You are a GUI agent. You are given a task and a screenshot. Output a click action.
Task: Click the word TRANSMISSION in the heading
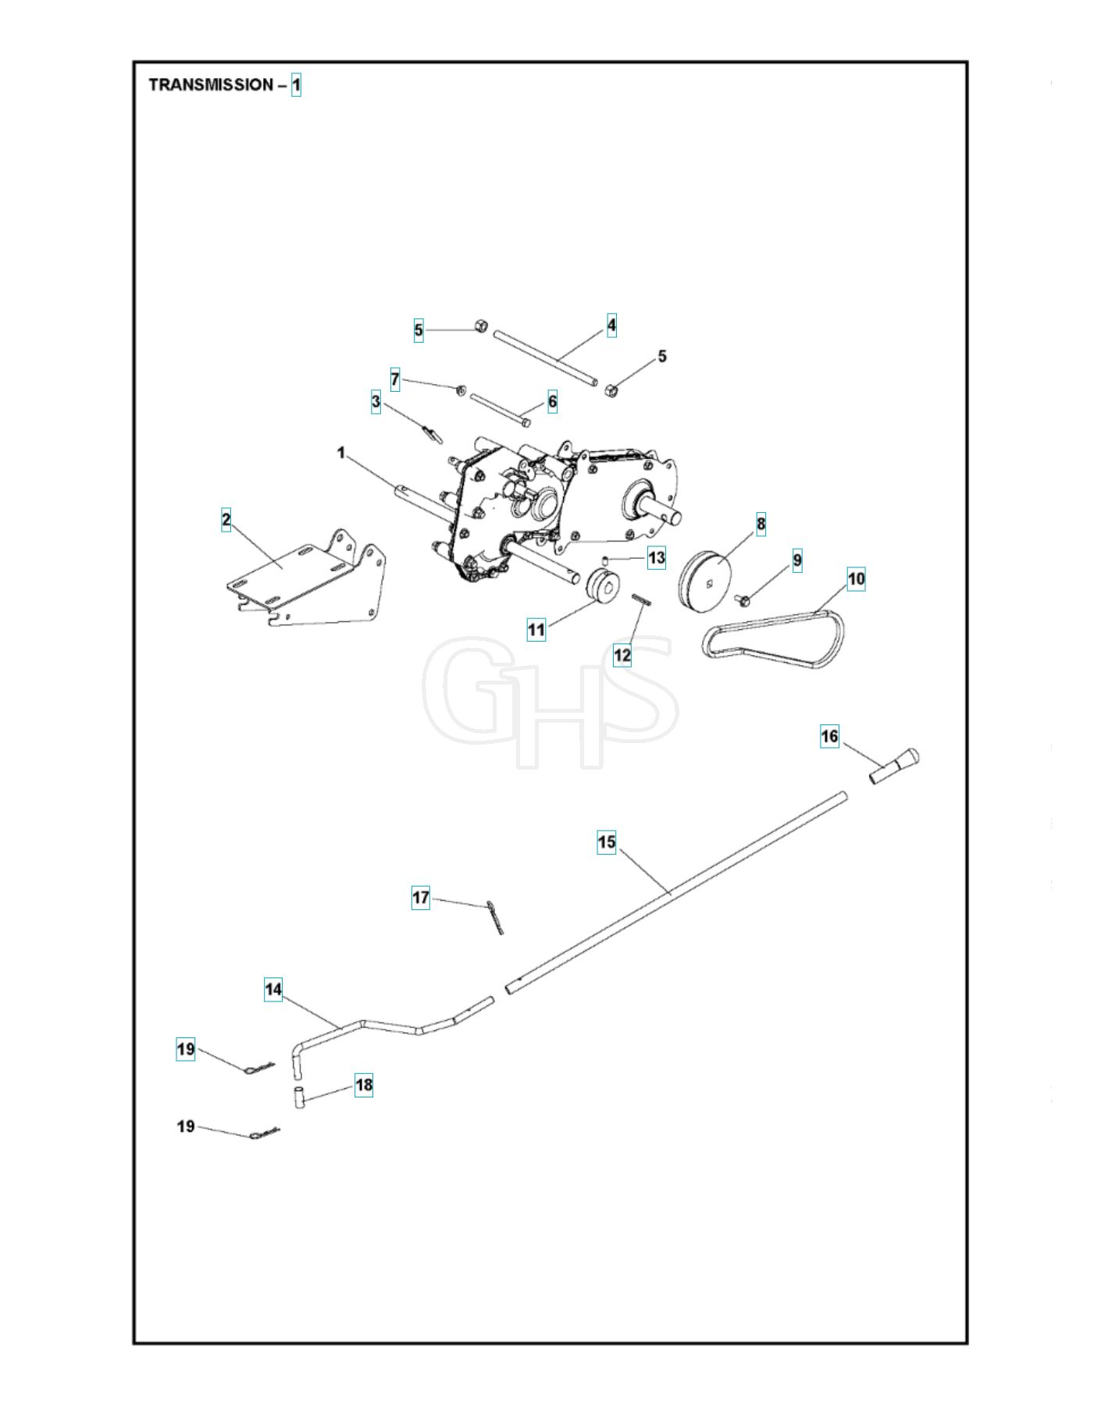[211, 84]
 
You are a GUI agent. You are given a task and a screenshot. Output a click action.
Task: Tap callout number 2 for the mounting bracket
[226, 520]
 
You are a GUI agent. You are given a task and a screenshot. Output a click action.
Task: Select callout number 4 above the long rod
[611, 325]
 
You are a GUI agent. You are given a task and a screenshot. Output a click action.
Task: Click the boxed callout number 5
[419, 330]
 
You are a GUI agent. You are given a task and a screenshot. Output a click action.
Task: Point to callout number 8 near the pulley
[761, 524]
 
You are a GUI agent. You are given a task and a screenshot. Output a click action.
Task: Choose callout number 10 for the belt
[857, 578]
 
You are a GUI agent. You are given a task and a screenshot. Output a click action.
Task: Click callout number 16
[829, 735]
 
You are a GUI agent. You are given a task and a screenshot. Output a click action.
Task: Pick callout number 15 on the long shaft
[607, 842]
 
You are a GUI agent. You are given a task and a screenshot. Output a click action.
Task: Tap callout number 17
[421, 898]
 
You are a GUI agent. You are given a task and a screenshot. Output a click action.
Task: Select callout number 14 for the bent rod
[273, 990]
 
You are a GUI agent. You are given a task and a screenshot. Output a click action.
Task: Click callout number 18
[364, 1085]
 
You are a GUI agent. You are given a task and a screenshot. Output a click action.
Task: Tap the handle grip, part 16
[895, 767]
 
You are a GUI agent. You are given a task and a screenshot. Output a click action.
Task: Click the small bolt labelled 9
[742, 599]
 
